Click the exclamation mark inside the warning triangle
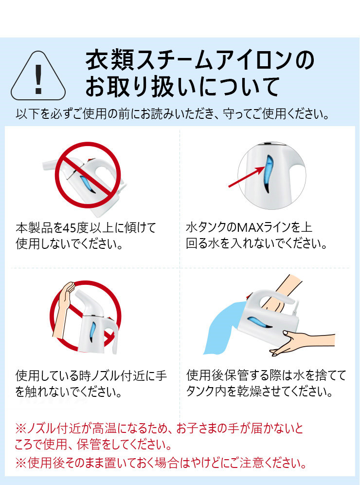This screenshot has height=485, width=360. coord(38,79)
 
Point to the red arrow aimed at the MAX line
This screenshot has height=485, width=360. coord(247,176)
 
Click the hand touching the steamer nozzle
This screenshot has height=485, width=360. coord(63,309)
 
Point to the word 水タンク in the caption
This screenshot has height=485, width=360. coord(206,228)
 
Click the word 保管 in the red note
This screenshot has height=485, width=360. coord(89,445)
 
